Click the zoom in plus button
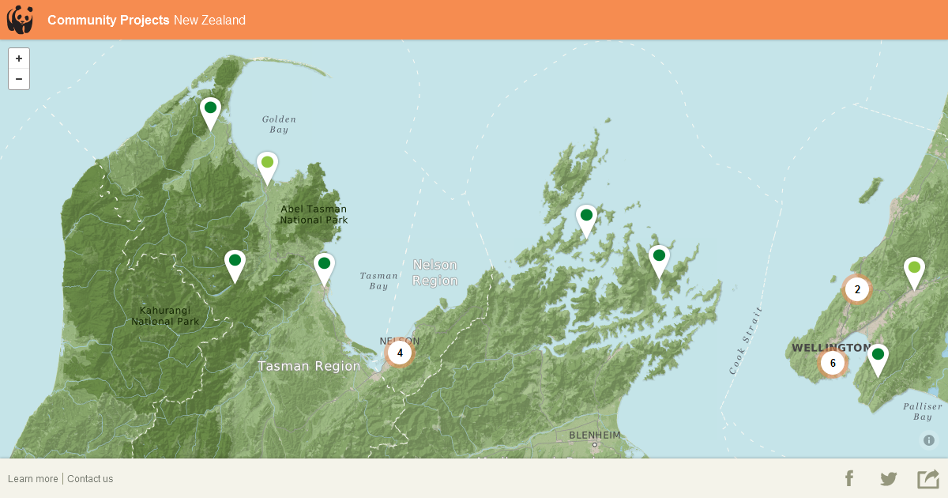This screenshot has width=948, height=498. point(19,58)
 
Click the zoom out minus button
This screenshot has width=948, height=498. point(19,79)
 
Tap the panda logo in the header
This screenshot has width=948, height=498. point(20,20)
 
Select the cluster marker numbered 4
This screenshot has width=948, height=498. point(400,353)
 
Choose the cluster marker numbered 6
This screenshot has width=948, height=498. point(833,363)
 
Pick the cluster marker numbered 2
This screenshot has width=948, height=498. point(857,289)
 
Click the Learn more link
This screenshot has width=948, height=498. point(33,479)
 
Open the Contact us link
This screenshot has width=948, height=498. point(90,479)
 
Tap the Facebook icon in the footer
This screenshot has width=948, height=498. point(849,478)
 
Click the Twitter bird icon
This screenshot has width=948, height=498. point(889,478)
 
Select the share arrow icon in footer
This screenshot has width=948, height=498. point(927,478)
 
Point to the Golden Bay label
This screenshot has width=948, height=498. point(279,124)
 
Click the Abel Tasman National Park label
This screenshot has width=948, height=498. point(314,214)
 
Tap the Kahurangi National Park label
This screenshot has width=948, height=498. point(165,316)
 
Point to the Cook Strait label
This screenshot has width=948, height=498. point(746,340)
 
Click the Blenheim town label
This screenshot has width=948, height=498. point(595,436)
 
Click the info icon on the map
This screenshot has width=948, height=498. point(929,440)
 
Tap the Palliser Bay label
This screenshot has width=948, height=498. point(923,411)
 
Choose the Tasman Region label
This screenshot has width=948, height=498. point(309,366)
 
